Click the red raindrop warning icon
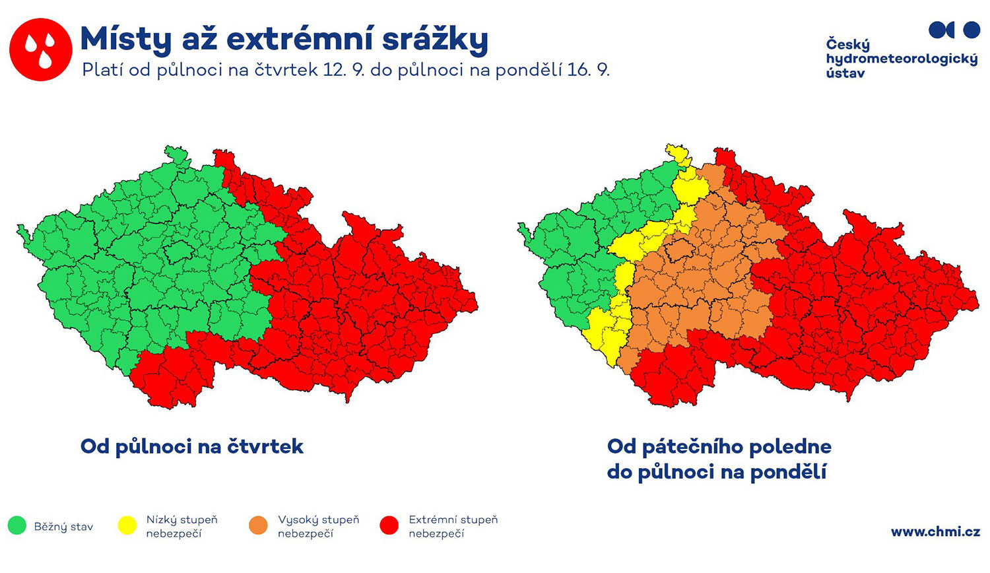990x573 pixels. click(41, 50)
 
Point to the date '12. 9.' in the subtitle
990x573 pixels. click(344, 70)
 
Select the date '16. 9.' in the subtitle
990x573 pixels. click(588, 70)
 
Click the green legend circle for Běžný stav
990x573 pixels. click(17, 525)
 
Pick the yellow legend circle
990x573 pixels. click(127, 525)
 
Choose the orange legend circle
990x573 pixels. click(259, 525)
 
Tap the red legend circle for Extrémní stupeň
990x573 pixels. click(389, 525)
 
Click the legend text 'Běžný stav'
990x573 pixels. click(63, 527)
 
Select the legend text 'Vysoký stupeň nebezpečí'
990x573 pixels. click(318, 526)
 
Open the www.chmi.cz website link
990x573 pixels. click(935, 531)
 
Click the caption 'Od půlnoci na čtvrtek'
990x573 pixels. click(192, 446)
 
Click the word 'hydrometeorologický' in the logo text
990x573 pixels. click(902, 59)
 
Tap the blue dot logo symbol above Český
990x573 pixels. click(954, 30)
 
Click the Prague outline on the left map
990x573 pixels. click(179, 252)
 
